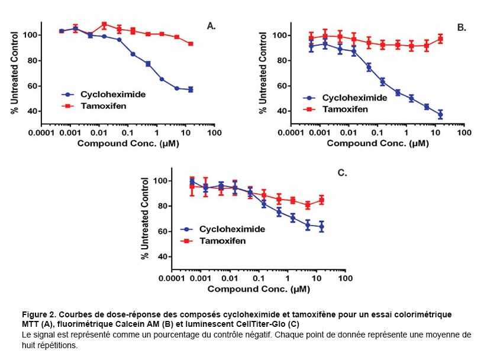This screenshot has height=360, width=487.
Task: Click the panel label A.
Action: click(x=211, y=25)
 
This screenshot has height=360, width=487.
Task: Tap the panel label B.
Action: click(x=462, y=27)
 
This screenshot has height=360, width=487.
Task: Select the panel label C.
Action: click(x=341, y=173)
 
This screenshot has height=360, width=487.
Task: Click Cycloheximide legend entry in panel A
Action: click(x=104, y=94)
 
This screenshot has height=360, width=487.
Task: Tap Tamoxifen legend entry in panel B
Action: click(x=338, y=109)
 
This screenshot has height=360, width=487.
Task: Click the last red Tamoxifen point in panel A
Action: click(x=191, y=44)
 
